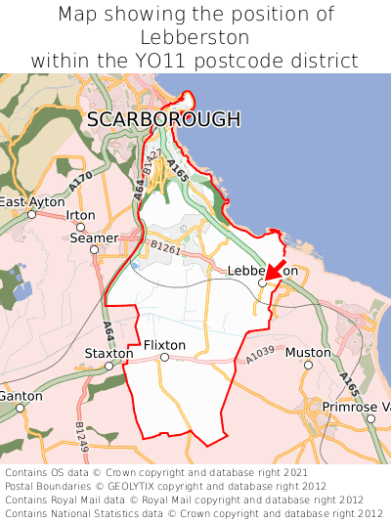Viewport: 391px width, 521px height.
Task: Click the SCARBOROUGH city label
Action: click(163, 119)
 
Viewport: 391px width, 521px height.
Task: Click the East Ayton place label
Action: click(25, 202)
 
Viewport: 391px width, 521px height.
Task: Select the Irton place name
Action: click(80, 215)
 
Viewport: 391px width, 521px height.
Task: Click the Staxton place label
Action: click(109, 353)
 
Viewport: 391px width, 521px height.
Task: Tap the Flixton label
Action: click(164, 345)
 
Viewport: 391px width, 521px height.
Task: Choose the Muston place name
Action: click(308, 352)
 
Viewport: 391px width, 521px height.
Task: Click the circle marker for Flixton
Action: click(164, 358)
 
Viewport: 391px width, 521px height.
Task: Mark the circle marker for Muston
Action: click(308, 365)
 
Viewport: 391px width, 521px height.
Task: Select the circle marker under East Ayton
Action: click(32, 214)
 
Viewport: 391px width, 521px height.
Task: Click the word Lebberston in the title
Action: click(195, 37)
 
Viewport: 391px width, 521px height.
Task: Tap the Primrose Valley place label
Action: click(357, 407)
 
